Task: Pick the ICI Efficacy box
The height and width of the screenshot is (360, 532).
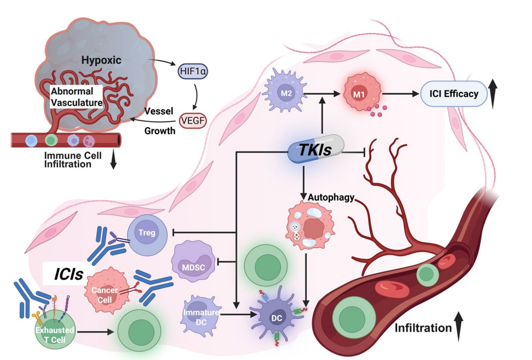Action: point(454,94)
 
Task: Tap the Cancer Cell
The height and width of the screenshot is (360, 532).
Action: point(104,289)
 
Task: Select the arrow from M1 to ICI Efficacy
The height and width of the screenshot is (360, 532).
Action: point(400,94)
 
